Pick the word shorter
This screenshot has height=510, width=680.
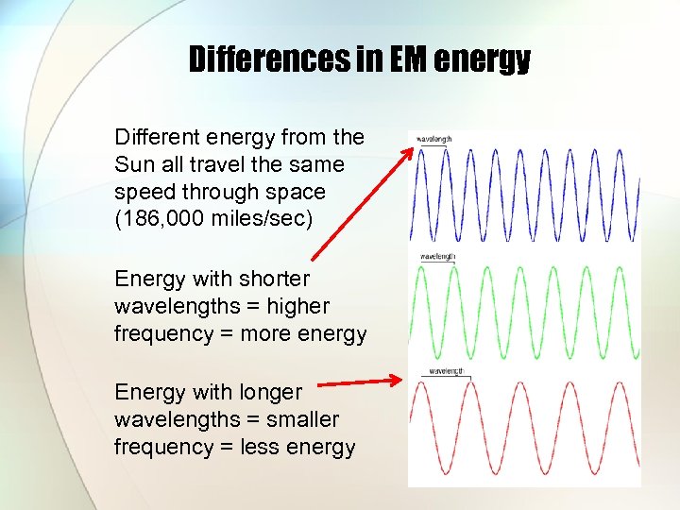coord(274,279)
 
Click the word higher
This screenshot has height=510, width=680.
coord(297,306)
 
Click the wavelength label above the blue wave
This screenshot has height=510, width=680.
coord(434,139)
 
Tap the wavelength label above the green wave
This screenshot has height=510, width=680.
coord(438,256)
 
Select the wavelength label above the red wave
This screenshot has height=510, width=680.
coord(448,371)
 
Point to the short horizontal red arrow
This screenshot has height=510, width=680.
coord(359,382)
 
